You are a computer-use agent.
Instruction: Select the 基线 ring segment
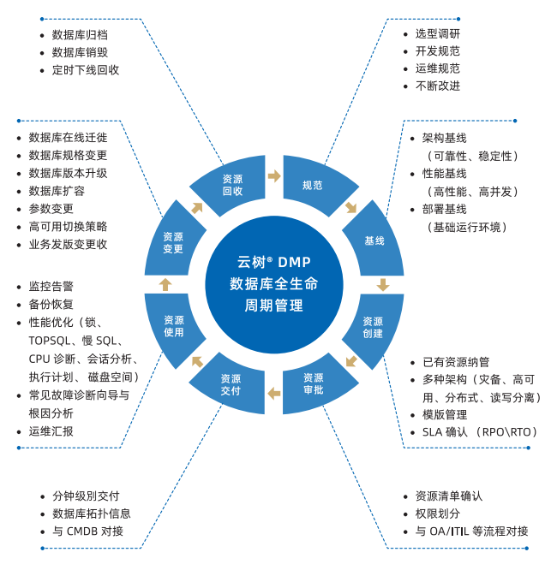pyautogui.click(x=374, y=240)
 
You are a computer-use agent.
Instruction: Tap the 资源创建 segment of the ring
pyautogui.click(x=373, y=327)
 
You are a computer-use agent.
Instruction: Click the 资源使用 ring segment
pyautogui.click(x=174, y=326)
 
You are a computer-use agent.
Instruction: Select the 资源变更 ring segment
pyautogui.click(x=173, y=243)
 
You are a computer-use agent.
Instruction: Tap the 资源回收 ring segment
pyautogui.click(x=232, y=185)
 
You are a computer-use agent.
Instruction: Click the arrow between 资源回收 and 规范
pyautogui.click(x=274, y=175)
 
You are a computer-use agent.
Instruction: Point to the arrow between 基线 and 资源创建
pyautogui.click(x=383, y=284)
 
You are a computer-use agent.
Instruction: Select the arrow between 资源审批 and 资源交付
pyautogui.click(x=273, y=393)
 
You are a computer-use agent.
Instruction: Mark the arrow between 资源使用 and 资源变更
pyautogui.click(x=165, y=284)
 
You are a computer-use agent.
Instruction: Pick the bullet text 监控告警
pyautogui.click(x=51, y=287)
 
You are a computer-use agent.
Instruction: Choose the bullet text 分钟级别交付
pyautogui.click(x=86, y=496)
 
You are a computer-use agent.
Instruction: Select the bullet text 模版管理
pyautogui.click(x=445, y=414)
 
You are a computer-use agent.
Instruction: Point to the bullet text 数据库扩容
pyautogui.click(x=57, y=191)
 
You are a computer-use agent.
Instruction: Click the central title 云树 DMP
pyautogui.click(x=273, y=263)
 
